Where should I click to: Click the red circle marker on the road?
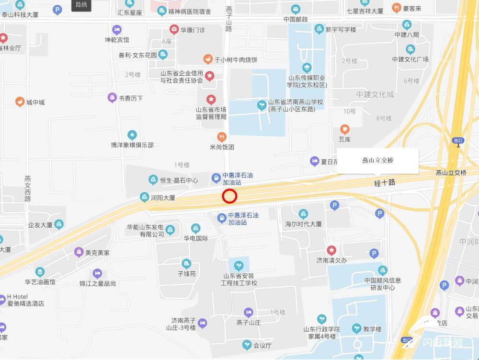230,196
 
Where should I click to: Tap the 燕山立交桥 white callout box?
378,161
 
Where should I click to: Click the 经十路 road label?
385,183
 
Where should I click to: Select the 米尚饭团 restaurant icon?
222,137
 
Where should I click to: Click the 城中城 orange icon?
20,102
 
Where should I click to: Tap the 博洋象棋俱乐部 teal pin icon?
132,135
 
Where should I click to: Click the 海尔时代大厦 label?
303,224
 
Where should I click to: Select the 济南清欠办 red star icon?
331,250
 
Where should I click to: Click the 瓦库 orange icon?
345,129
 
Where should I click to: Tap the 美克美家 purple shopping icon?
79,252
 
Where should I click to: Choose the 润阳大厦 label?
163,197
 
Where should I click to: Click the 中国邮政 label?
296,20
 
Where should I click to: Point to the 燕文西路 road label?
28,188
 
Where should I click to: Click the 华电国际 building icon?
195,228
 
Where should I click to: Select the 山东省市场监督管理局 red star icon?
211,100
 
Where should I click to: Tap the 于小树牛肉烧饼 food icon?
208,59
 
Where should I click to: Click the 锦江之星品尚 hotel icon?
97,274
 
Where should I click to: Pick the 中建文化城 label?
375,94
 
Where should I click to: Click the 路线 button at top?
81,5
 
